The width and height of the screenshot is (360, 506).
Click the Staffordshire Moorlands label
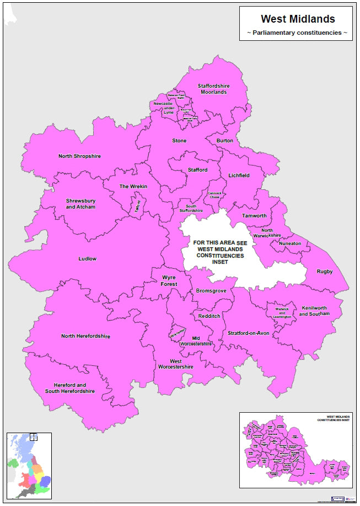pos(213,89)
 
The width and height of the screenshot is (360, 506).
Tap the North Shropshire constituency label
pos(79,156)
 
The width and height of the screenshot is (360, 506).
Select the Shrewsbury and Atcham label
pos(80,204)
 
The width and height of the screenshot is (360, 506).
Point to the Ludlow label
pos(87,258)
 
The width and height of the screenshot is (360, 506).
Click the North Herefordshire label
pos(85,336)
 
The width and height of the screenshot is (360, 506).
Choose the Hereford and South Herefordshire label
pos(70,388)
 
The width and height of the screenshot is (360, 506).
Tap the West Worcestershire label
pos(175,364)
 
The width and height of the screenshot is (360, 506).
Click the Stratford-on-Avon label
pos(248,333)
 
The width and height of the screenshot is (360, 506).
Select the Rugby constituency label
pos(324,271)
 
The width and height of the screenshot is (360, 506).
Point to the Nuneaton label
pos(290,243)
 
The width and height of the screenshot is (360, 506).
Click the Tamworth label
pos(254,216)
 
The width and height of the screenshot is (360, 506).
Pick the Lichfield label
pos(239,175)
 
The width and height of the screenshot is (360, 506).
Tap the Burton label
pos(224,141)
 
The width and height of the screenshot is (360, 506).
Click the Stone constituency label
pos(179,141)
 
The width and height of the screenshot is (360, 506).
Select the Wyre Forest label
pos(169,281)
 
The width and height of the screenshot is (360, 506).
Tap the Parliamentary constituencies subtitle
pos(297,33)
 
